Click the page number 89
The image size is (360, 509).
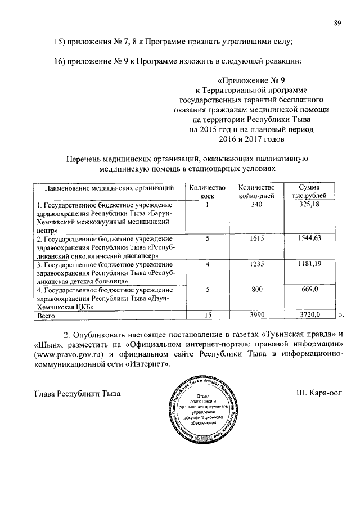[337, 22]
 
